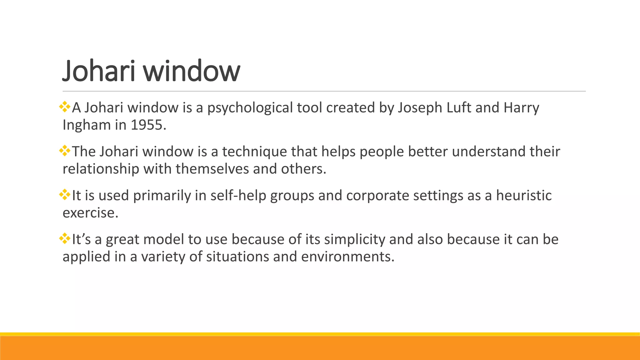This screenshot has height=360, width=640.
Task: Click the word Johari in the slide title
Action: coord(99,71)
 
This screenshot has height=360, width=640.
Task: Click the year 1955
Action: coord(147,125)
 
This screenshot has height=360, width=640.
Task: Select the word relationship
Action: coord(101,169)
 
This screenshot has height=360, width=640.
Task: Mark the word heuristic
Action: coord(524,195)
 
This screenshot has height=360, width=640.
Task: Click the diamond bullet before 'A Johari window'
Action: coord(65,107)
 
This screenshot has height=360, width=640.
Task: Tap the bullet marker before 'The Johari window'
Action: coord(65,151)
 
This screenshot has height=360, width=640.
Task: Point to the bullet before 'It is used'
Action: coord(65,195)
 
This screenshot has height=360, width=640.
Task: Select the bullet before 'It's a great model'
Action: coord(65,239)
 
